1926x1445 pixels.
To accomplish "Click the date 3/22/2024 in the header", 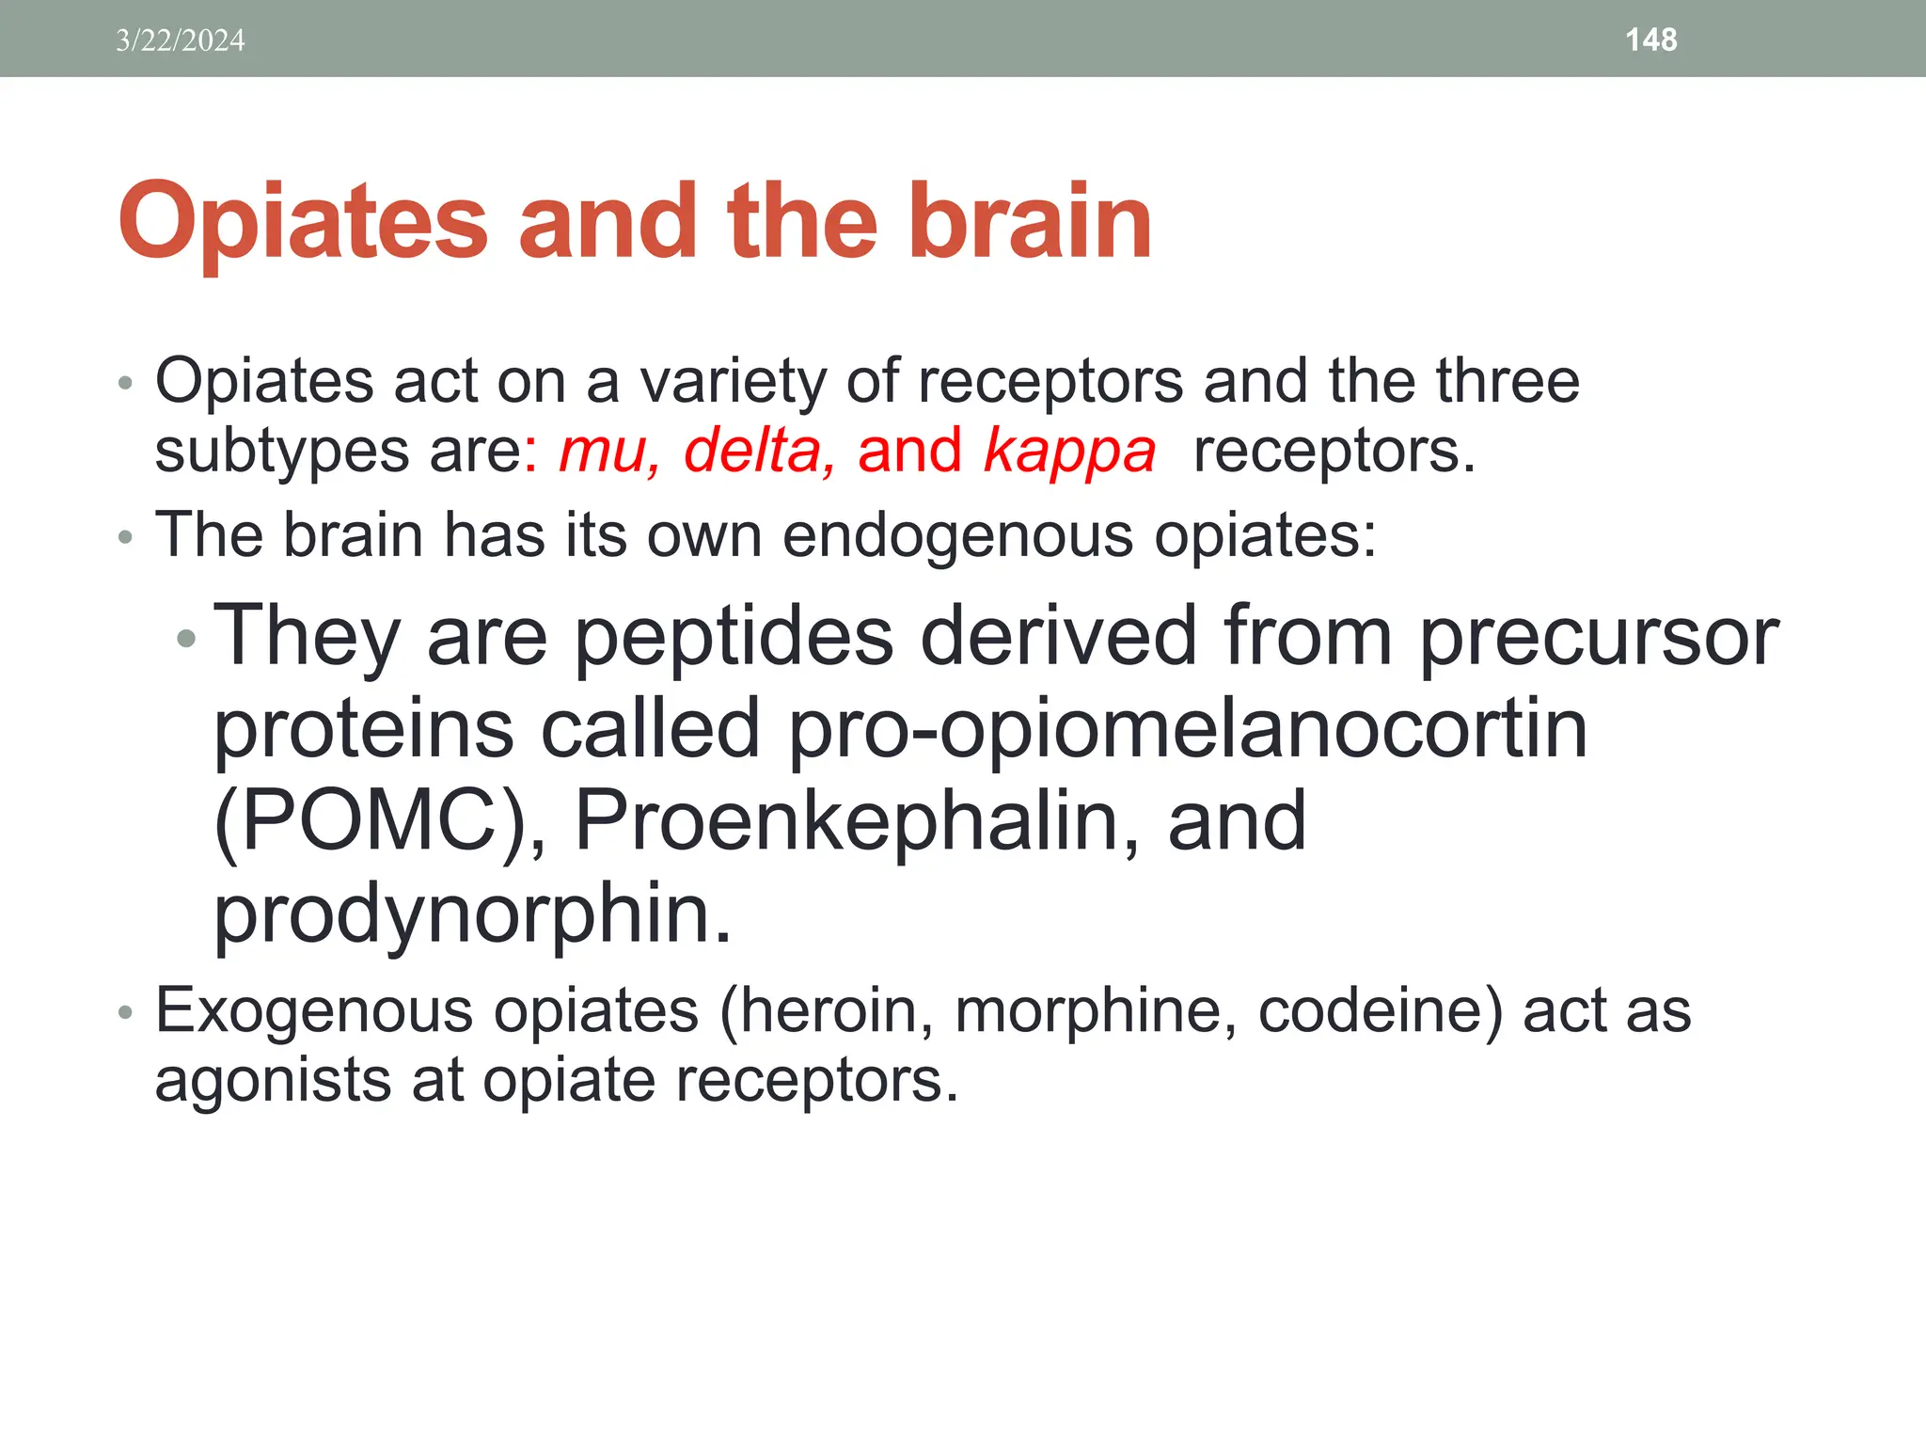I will click(180, 40).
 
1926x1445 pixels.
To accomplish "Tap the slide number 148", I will click(1650, 40).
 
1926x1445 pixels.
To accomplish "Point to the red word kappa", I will click(1069, 453).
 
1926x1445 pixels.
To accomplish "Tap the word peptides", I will click(734, 637).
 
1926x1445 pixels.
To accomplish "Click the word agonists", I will click(273, 1080).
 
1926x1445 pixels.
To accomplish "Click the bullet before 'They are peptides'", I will click(186, 639).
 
